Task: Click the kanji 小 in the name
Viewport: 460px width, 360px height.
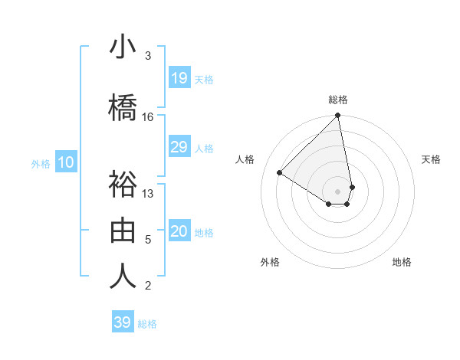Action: [x=123, y=47]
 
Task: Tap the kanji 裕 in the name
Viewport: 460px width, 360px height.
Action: [x=123, y=185]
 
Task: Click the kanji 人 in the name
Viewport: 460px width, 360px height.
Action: [x=123, y=276]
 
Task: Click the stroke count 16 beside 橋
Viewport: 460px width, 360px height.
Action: [x=148, y=117]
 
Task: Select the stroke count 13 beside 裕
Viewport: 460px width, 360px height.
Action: [x=148, y=193]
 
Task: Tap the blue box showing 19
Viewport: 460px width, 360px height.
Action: [x=179, y=78]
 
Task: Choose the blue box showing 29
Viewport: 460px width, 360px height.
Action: [x=179, y=147]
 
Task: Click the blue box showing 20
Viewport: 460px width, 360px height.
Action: [x=179, y=232]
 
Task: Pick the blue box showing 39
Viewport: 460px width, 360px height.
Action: [x=123, y=322]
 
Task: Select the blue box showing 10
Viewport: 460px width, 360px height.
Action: [x=66, y=162]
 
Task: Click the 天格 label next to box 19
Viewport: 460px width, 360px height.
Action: [x=204, y=79]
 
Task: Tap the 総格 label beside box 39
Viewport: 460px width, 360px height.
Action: [x=147, y=324]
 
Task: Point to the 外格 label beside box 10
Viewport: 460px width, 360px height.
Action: [x=41, y=163]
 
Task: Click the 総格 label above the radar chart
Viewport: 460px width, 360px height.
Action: [x=338, y=100]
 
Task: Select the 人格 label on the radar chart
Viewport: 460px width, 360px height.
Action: [x=245, y=159]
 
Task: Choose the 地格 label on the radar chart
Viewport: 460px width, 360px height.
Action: [x=402, y=262]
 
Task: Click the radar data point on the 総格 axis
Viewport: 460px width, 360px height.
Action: [x=338, y=116]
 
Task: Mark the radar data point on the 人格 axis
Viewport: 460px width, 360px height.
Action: [x=280, y=173]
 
